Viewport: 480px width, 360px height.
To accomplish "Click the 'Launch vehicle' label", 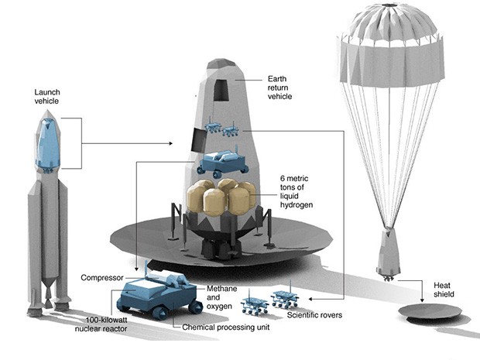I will [x=46, y=96].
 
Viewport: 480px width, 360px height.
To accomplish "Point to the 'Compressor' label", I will [x=102, y=276].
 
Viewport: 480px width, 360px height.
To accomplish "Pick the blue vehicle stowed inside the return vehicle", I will [x=223, y=162].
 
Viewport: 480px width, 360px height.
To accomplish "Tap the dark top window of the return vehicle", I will [x=221, y=91].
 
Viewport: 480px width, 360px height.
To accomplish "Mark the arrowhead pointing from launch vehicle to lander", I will [x=173, y=143].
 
